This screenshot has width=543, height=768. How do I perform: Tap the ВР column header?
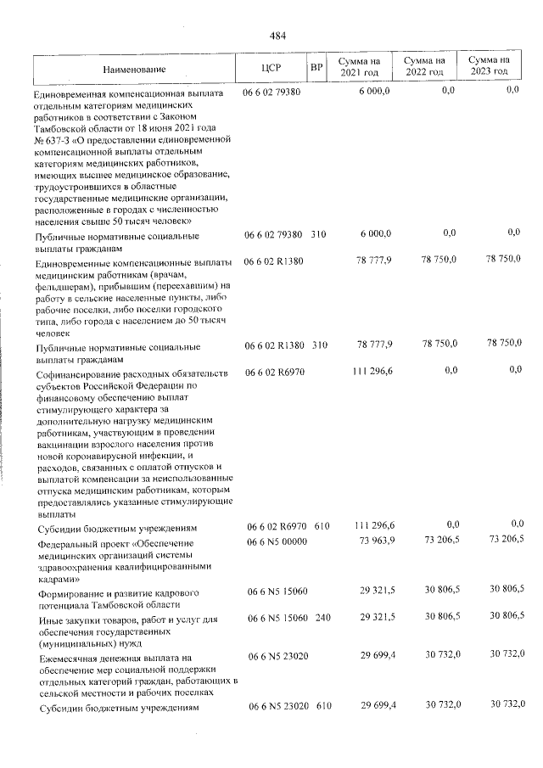pyautogui.click(x=316, y=68)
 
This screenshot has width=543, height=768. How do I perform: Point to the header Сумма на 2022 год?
pyautogui.click(x=423, y=67)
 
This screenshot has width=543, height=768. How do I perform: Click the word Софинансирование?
pyautogui.click(x=76, y=374)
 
